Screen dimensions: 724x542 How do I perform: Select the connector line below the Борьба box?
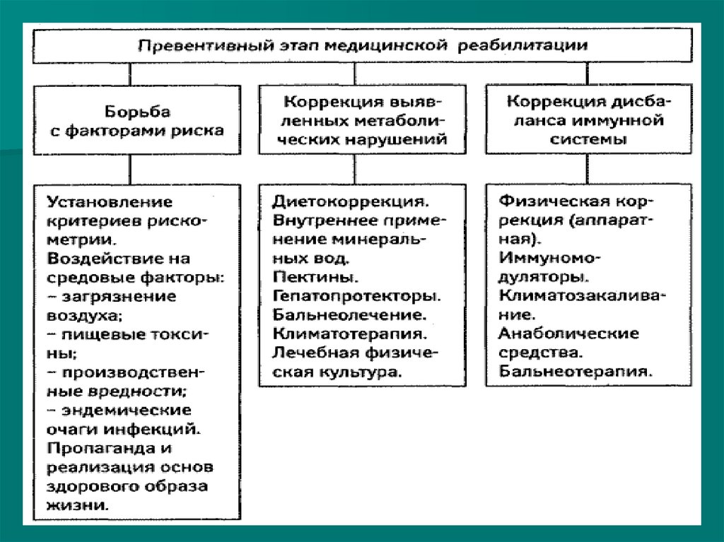point(129,168)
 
